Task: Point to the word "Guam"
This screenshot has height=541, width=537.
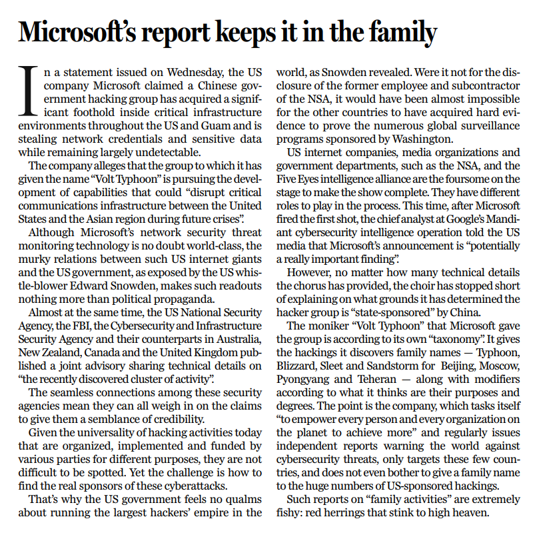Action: (x=209, y=125)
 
